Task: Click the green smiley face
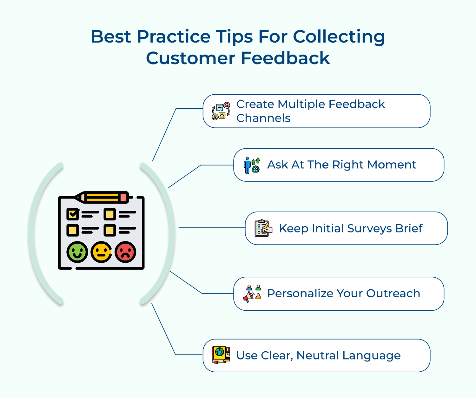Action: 77,252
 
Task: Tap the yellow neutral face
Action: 101,252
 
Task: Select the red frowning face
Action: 126,252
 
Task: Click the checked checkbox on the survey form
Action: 73,214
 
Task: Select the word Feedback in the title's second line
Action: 285,58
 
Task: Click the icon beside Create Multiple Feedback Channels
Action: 221,111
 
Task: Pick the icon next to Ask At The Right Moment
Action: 252,165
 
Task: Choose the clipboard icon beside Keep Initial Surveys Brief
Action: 263,228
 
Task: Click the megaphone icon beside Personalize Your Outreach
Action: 252,293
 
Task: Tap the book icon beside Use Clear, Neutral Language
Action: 221,355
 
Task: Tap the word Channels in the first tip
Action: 263,118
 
